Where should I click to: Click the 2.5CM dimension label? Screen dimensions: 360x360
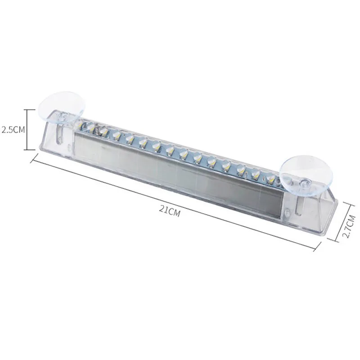click(13, 130)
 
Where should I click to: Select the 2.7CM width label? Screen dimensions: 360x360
click(349, 226)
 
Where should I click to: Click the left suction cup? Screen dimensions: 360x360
click(62, 108)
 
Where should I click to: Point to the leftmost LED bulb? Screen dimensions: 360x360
click(89, 126)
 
